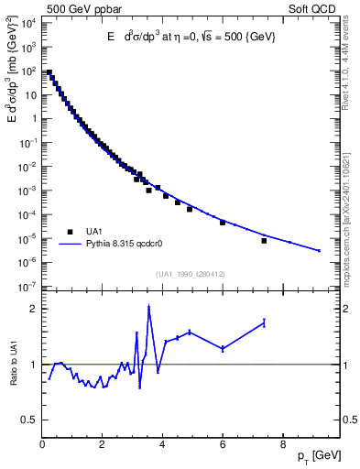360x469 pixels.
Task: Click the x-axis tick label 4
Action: (163, 446)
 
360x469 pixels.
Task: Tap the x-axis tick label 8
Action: (283, 446)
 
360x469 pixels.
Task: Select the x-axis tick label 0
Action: (43, 446)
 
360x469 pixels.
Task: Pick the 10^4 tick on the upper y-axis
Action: (27, 23)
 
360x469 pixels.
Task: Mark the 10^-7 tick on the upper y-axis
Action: (27, 287)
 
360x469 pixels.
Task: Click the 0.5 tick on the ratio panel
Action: (30, 420)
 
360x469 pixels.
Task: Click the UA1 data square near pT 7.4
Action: (264, 241)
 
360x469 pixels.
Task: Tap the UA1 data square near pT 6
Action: (223, 223)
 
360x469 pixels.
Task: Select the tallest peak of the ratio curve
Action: (148, 308)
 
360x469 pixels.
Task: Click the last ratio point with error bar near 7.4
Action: (264, 322)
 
